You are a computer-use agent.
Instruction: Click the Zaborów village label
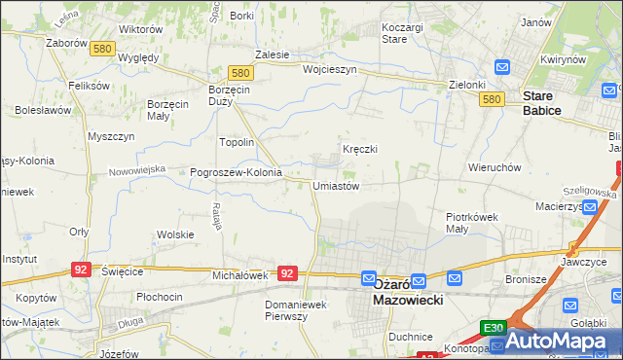pos(66,43)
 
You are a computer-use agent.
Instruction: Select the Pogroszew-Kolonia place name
pos(236,172)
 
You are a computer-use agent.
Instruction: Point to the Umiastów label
pos(337,186)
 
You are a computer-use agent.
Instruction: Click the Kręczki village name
pos(359,149)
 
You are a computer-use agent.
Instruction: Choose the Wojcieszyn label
pos(330,70)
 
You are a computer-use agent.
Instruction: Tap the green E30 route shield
pos(493,329)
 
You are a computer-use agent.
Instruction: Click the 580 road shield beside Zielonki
pos(492,99)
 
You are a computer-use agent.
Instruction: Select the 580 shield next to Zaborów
pos(102,48)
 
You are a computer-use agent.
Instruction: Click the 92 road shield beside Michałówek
pos(286,273)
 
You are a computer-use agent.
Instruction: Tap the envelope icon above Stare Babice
pos(502,67)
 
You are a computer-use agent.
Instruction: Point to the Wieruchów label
pos(495,167)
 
